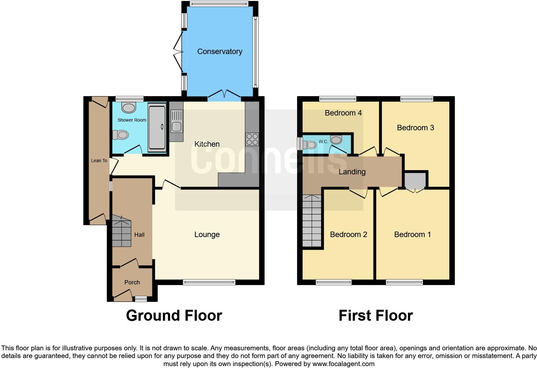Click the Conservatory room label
pyautogui.click(x=219, y=51)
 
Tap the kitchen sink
pyautogui.click(x=176, y=121)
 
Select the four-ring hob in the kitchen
pyautogui.click(x=252, y=139)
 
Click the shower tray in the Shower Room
pyautogui.click(x=157, y=127)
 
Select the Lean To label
pyautogui.click(x=99, y=161)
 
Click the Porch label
pyautogui.click(x=132, y=282)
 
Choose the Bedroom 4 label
pyautogui.click(x=343, y=113)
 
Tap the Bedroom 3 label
pyautogui.click(x=415, y=128)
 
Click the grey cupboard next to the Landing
pyautogui.click(x=415, y=180)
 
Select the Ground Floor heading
pyautogui.click(x=174, y=316)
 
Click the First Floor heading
pyautogui.click(x=375, y=316)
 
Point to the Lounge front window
pyautogui.click(x=209, y=282)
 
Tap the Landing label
pyautogui.click(x=352, y=172)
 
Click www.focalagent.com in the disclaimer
pyautogui.click(x=343, y=364)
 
